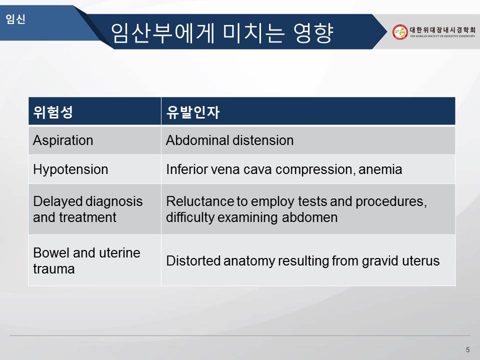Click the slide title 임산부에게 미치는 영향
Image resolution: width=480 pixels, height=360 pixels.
pyautogui.click(x=222, y=33)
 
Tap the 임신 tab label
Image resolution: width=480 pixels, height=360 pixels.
pyautogui.click(x=15, y=19)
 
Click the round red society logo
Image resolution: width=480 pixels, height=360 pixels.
pyautogui.click(x=400, y=32)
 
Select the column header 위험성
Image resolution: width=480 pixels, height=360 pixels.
pyautogui.click(x=53, y=111)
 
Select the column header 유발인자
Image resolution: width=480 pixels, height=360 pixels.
pyautogui.click(x=193, y=111)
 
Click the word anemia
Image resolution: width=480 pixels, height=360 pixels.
pyautogui.click(x=380, y=169)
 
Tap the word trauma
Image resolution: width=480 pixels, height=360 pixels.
pyautogui.click(x=54, y=269)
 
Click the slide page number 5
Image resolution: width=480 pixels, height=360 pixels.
pyautogui.click(x=467, y=349)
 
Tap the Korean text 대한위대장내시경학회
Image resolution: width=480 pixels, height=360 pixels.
pyautogui.click(x=442, y=29)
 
